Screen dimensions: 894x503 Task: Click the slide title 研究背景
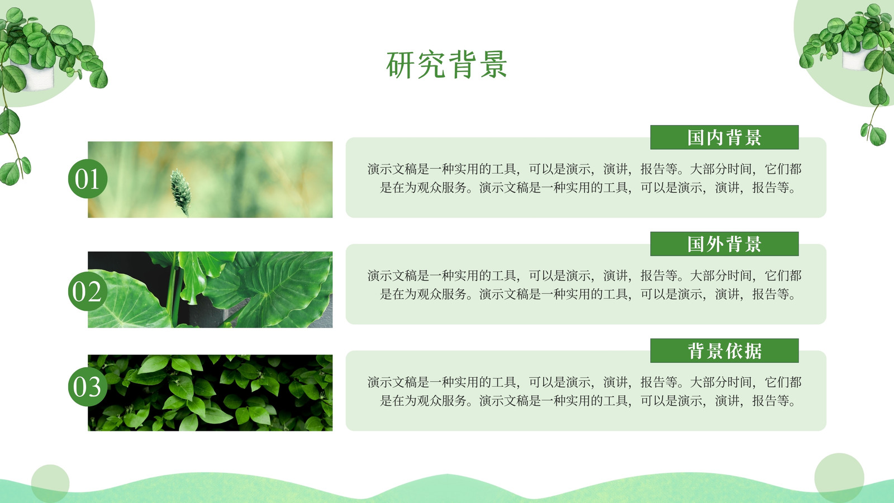[447, 65]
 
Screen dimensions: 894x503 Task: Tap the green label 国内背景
[724, 137]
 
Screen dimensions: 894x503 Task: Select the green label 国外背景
[724, 244]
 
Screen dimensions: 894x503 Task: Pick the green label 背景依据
[724, 350]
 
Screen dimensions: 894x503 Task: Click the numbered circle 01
[88, 178]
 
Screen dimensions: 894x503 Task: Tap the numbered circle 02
[88, 291]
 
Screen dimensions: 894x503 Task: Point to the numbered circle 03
[88, 386]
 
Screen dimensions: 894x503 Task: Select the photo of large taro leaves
[210, 290]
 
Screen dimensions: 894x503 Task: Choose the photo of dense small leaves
[210, 393]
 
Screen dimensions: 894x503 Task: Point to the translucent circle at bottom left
[50, 483]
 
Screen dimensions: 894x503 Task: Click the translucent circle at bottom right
[839, 478]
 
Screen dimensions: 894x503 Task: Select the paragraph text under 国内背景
[584, 178]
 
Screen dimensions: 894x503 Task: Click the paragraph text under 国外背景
[584, 284]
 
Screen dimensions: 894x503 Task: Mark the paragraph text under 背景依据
[584, 391]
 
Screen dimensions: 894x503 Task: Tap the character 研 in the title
[400, 65]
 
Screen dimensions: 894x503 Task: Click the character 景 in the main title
[494, 65]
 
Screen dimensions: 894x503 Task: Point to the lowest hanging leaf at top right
[877, 136]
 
